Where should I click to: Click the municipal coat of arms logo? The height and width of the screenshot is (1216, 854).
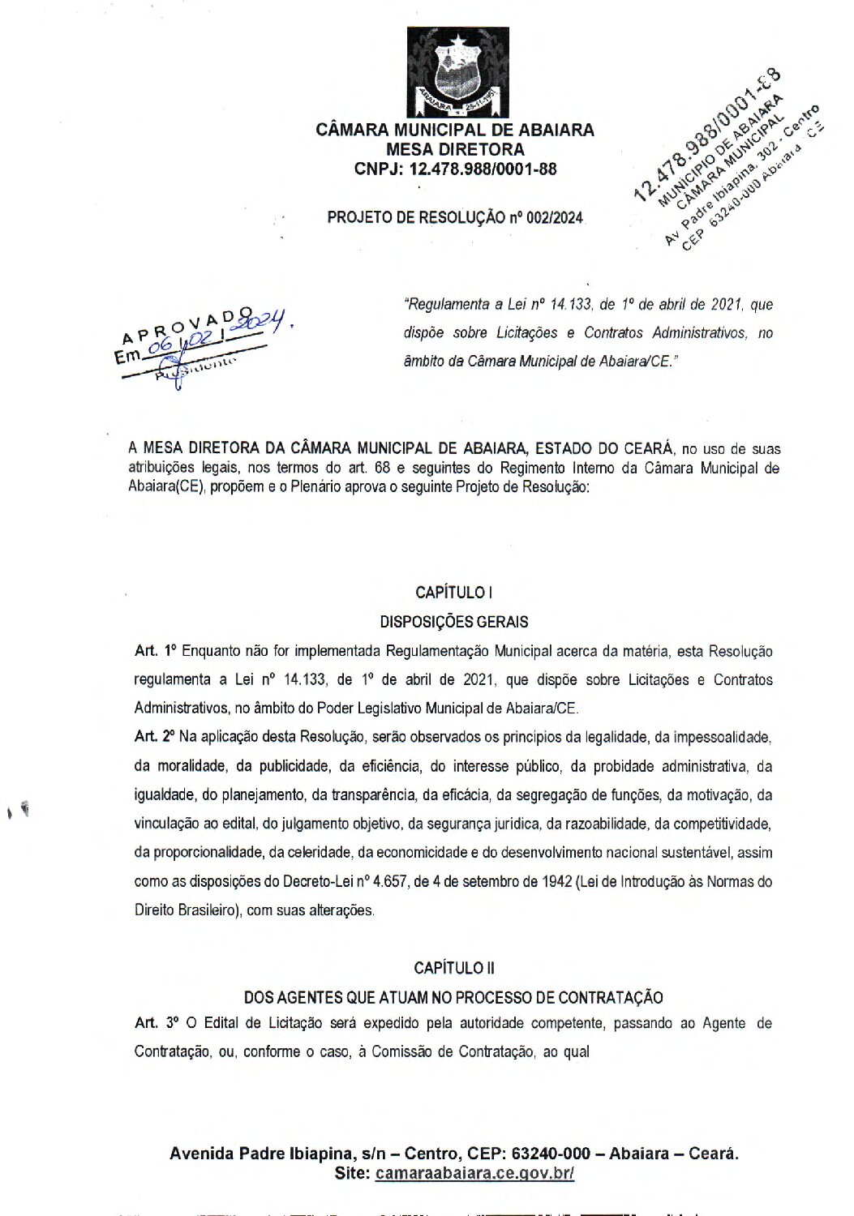tap(457, 72)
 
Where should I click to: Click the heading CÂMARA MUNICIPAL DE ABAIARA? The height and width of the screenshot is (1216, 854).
tap(454, 130)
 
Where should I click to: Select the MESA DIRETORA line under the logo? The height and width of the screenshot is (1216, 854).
tap(455, 149)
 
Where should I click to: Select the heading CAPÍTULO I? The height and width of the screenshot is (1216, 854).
tap(454, 593)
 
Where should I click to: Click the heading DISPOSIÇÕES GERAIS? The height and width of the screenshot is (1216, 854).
tap(454, 622)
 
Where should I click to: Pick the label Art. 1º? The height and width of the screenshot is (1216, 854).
tap(156, 651)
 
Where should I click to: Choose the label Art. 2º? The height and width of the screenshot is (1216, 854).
tap(156, 737)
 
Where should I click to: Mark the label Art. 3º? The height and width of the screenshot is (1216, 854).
tap(156, 1023)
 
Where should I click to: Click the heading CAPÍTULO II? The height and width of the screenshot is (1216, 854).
tap(454, 968)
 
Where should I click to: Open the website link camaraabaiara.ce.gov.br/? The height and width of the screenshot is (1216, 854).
tap(474, 1174)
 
